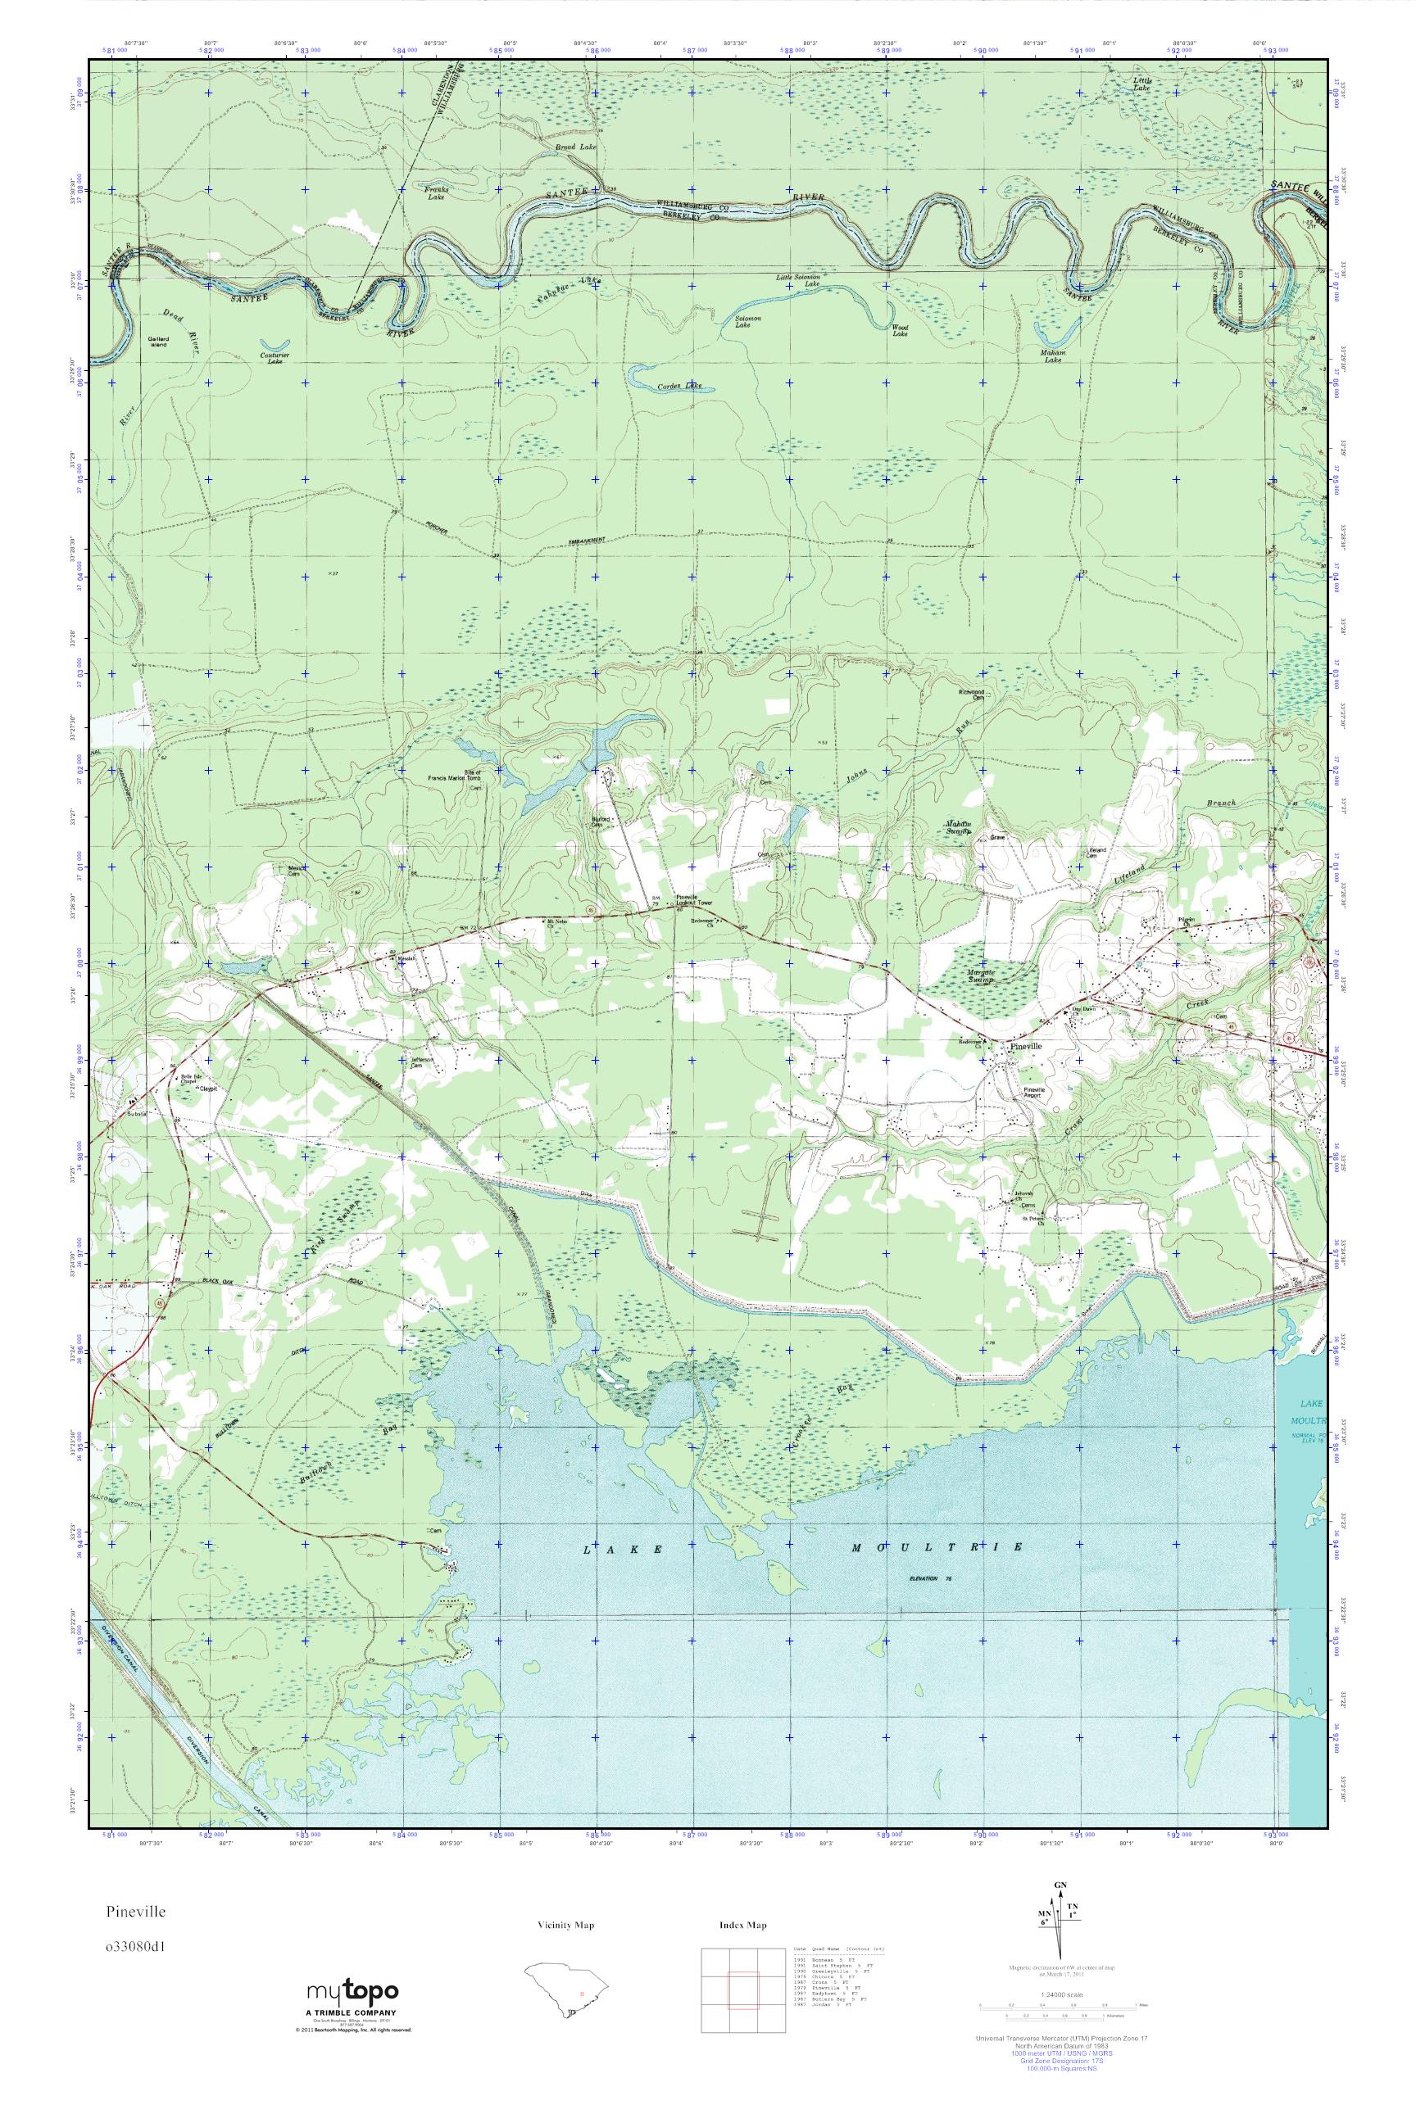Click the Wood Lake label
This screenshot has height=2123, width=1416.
coord(900,330)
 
